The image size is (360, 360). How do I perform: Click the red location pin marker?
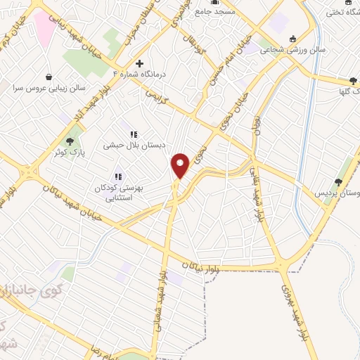tap(181, 165)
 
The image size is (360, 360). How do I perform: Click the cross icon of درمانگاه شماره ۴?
tap(139, 63)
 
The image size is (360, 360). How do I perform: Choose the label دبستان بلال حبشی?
tap(134, 146)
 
